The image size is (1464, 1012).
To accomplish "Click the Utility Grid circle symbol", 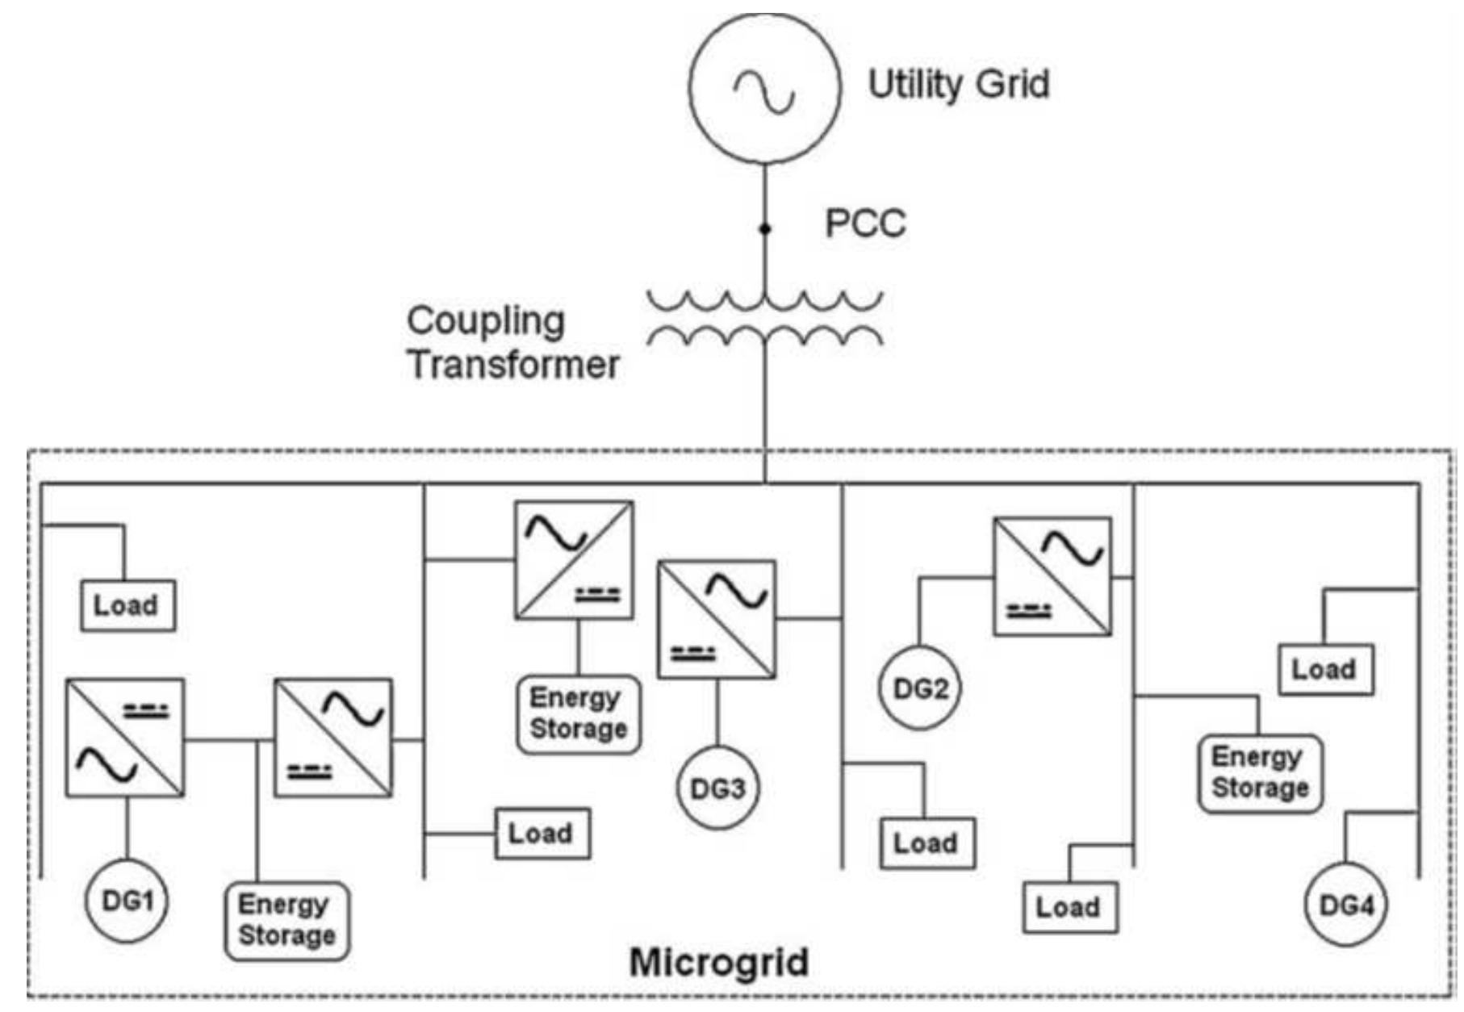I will [764, 87].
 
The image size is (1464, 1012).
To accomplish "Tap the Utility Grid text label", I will [958, 85].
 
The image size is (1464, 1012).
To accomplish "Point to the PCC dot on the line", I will [764, 229].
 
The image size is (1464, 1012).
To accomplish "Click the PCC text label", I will [865, 224].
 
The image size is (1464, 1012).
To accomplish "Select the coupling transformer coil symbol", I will [764, 319].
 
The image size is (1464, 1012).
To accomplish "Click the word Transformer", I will [513, 365].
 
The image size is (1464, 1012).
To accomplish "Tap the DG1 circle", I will [127, 901].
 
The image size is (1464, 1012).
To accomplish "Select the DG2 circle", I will [920, 688].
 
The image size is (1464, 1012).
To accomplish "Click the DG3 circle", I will [717, 788].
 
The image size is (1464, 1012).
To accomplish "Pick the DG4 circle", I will [1345, 905].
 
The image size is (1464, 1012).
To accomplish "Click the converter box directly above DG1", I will [125, 738].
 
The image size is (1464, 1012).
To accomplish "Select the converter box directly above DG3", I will [717, 620].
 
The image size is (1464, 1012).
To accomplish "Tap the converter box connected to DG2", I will [1052, 576].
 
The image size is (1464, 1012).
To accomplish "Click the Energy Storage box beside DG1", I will [287, 921].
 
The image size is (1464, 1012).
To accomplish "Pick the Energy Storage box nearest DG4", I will [1260, 773].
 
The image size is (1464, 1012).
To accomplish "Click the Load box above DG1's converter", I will [128, 605].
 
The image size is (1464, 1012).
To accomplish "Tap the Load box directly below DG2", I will [927, 843].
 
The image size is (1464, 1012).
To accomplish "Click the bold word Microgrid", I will [718, 963].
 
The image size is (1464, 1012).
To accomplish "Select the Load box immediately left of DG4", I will [1069, 908].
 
